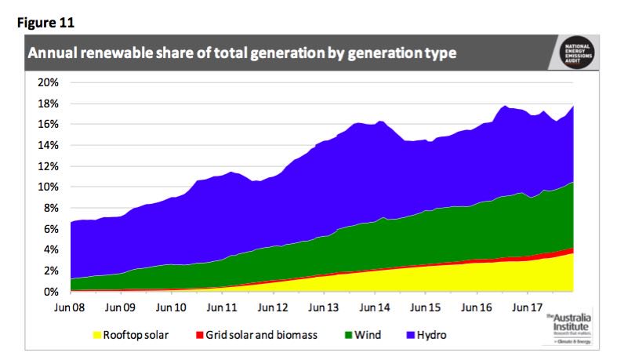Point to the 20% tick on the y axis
[49, 82]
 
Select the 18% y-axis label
[49, 104]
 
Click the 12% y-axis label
[49, 166]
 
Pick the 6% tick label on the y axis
[51, 229]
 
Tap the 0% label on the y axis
[51, 292]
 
